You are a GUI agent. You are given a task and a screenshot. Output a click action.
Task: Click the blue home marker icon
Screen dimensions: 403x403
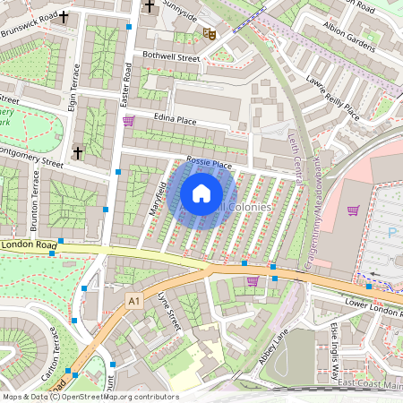pos(201,193)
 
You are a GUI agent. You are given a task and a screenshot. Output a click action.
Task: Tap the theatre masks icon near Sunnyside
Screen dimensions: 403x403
pos(210,34)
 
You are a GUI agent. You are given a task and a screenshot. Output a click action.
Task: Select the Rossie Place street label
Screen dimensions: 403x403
pos(209,165)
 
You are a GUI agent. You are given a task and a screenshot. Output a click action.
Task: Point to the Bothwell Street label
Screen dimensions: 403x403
pos(170,56)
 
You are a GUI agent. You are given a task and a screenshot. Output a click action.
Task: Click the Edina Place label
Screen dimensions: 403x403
pos(175,118)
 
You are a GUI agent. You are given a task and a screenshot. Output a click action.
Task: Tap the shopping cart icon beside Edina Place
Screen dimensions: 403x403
pos(128,120)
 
